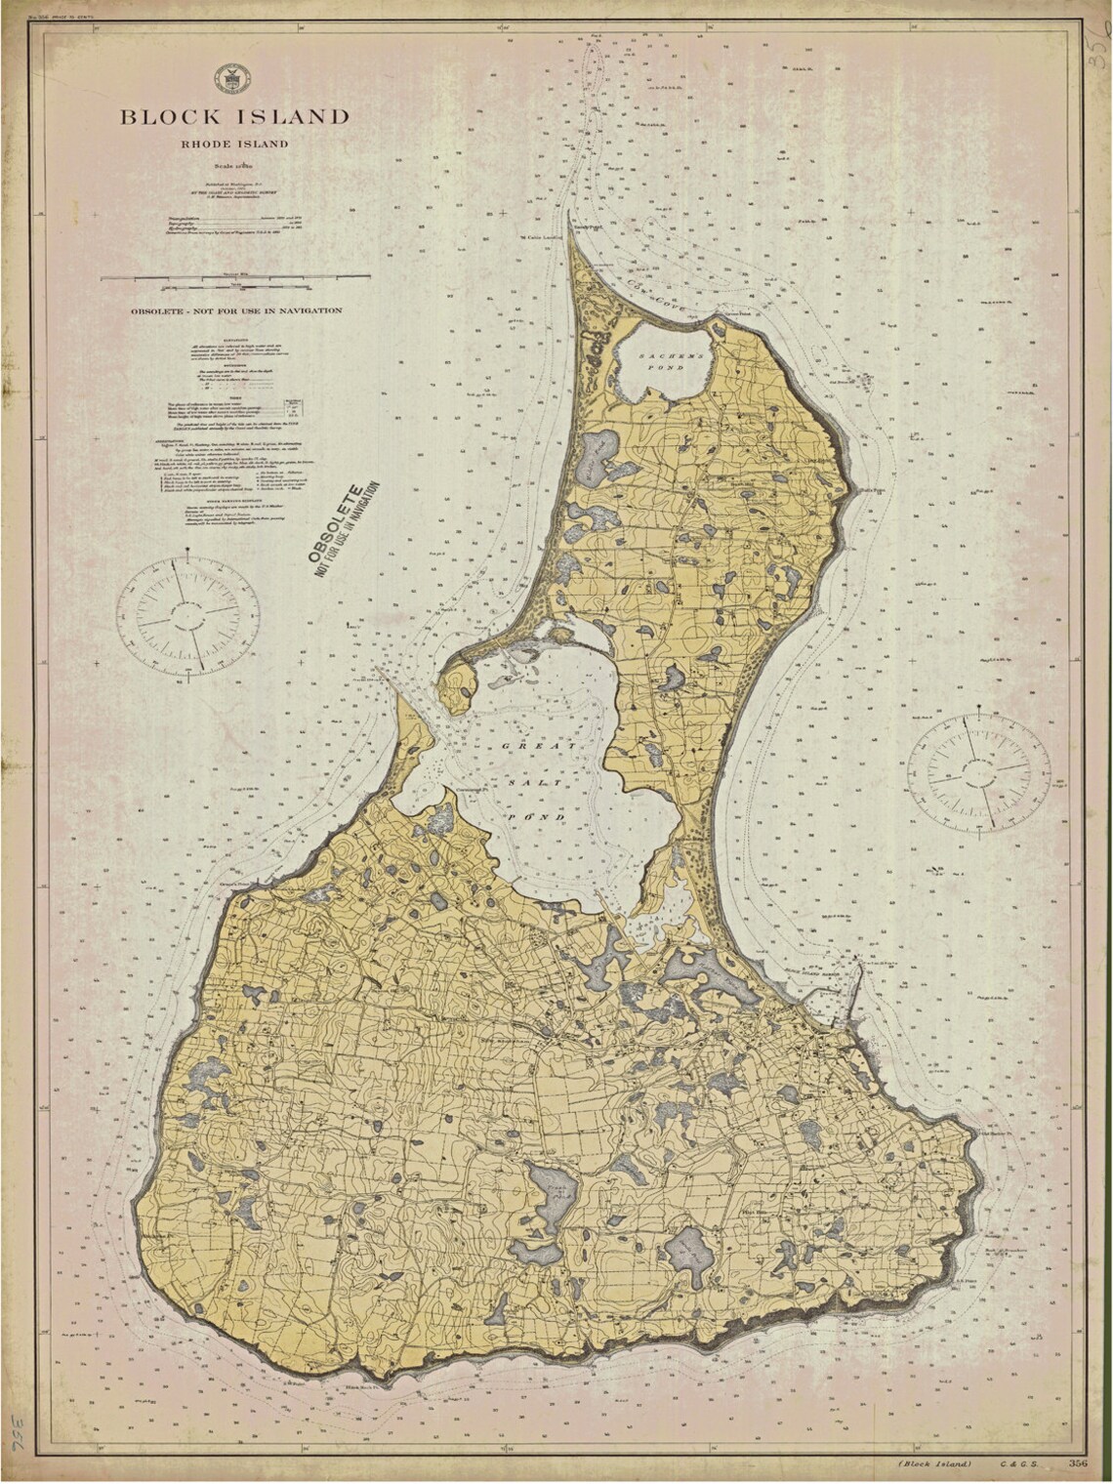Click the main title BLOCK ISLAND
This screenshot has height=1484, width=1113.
[234, 117]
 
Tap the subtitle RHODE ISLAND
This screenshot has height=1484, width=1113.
[233, 144]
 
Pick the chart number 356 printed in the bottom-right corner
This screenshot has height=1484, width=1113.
[1078, 1463]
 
